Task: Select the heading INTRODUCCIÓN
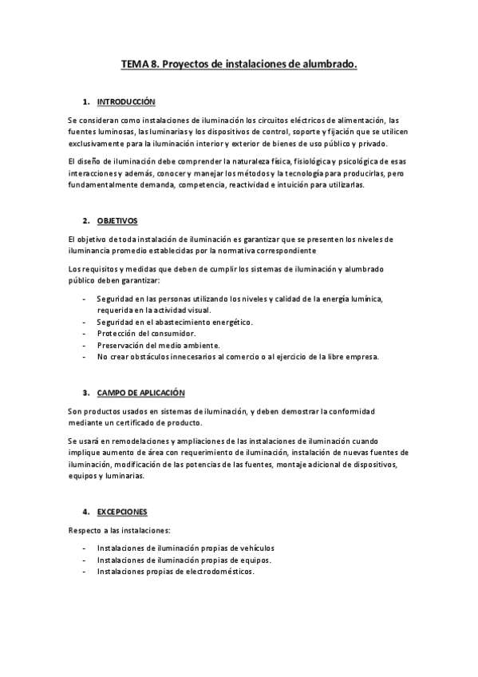tap(126, 102)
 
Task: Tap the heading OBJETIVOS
tap(117, 221)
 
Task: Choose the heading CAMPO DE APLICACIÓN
tap(140, 393)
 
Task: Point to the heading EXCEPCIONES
tap(122, 511)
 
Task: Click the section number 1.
tap(85, 102)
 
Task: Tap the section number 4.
tap(85, 511)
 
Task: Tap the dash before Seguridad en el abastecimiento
tap(85, 321)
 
